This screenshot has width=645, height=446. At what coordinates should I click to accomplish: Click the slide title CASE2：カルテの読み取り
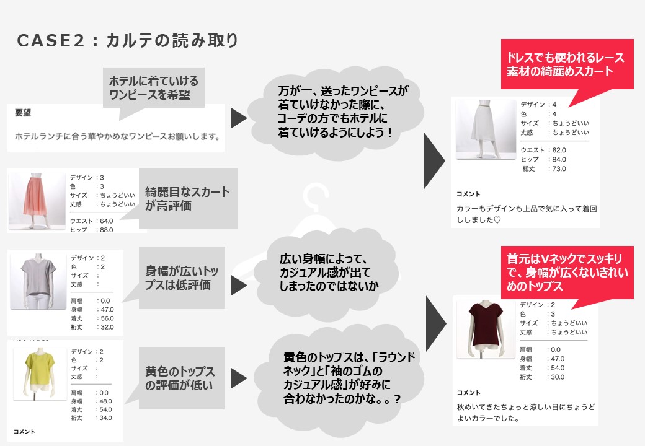click(x=127, y=41)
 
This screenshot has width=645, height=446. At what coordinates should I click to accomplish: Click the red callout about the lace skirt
click(x=566, y=64)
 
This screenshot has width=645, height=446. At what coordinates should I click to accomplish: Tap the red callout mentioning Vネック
click(x=566, y=273)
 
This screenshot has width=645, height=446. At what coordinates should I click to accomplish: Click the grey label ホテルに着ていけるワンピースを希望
click(x=154, y=88)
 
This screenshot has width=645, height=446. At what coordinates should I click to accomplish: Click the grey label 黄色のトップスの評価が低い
click(x=180, y=378)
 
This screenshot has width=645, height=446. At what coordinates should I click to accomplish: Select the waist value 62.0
click(x=558, y=150)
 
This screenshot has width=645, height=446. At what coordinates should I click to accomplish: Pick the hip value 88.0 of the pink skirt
click(x=106, y=230)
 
